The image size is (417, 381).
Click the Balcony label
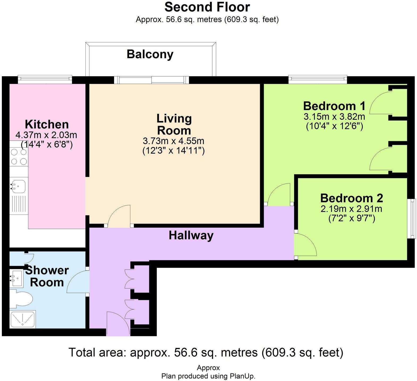150,54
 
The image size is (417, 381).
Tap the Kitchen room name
47,124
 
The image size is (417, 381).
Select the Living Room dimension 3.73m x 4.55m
174,141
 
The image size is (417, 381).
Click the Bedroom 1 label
334,106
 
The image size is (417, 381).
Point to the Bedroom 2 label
352,198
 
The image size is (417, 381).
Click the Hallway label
191,236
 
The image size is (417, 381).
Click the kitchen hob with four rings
19,157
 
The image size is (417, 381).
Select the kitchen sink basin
18,186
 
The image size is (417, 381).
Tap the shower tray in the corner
23,319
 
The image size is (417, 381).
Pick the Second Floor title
207,7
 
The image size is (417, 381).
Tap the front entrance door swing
118,324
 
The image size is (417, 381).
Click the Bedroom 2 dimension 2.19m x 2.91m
352,209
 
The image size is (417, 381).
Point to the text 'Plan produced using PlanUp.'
208,376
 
